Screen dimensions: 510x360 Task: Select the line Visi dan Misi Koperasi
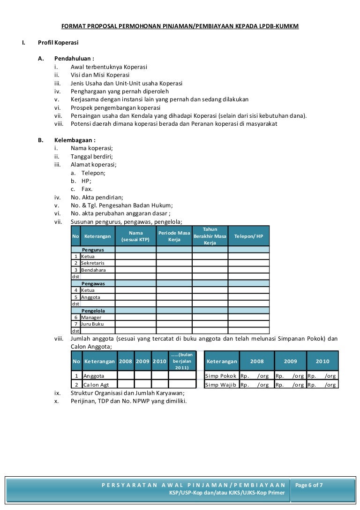100,75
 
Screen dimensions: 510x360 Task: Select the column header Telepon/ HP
249,236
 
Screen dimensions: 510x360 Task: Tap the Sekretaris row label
92,263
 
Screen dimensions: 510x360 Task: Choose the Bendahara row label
93,270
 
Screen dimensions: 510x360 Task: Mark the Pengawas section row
93,284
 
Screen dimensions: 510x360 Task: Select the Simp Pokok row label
221,376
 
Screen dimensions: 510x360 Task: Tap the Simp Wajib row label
221,385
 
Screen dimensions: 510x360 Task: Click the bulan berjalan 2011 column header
180,361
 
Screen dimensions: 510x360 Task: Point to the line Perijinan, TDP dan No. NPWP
128,401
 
